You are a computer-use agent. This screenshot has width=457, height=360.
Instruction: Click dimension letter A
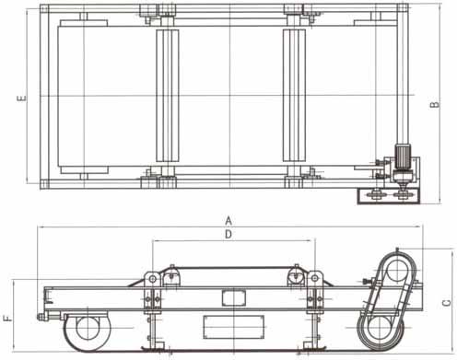click(228, 221)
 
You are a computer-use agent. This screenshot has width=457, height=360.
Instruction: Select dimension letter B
click(434, 105)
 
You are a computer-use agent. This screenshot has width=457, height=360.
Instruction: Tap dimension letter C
click(447, 303)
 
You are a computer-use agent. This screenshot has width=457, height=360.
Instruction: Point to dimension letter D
click(228, 235)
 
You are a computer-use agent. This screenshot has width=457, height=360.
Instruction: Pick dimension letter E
click(21, 99)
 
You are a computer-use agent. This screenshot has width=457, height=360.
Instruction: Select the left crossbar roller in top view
click(168, 95)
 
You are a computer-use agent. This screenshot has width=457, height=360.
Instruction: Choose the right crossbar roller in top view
click(294, 95)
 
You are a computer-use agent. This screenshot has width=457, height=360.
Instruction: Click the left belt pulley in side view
click(88, 328)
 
